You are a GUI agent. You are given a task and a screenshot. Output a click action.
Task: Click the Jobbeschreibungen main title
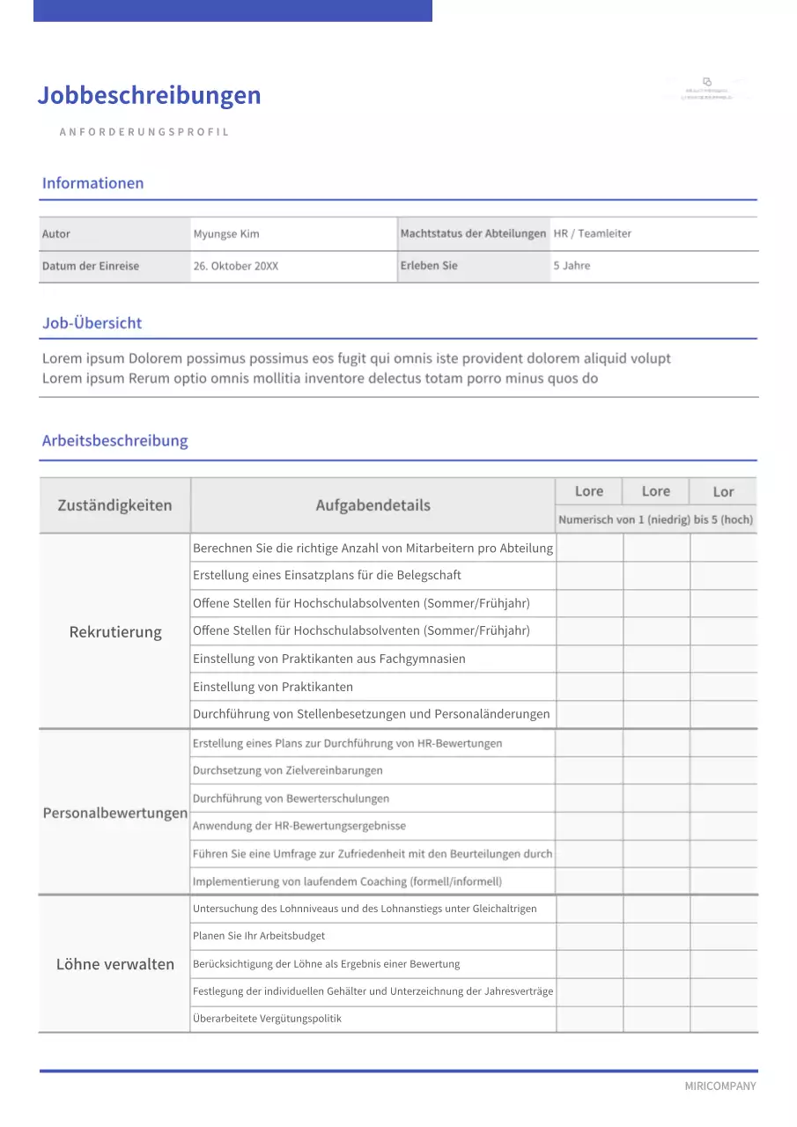coord(149,95)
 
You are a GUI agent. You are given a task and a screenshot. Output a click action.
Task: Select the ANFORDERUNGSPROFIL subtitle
coord(144,132)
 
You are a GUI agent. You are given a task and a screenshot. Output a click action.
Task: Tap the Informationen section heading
coord(92,183)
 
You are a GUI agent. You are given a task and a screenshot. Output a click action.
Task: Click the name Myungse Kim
coord(226,234)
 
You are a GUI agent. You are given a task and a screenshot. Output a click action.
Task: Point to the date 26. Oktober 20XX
coord(235,266)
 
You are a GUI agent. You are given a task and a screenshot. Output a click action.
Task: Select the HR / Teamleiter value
coord(592,233)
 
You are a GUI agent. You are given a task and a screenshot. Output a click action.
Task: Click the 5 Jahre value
coord(572,265)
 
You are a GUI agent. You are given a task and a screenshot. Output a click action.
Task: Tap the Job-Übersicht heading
coord(92,323)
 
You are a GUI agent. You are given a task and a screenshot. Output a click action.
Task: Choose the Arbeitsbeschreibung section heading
coord(114,440)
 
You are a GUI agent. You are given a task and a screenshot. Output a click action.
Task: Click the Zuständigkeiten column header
coord(114,505)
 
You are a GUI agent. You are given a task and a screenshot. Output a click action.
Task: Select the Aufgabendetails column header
coord(373,505)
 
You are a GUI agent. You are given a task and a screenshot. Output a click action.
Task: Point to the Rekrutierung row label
coord(115,632)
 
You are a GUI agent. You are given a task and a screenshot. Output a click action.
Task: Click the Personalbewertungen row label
coord(115,813)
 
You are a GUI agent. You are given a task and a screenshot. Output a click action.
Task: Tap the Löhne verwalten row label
coord(115,964)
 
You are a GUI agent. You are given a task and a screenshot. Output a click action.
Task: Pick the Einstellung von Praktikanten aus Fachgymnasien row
coord(328,659)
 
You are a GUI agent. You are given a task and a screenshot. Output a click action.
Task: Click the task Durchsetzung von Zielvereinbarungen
coord(287,770)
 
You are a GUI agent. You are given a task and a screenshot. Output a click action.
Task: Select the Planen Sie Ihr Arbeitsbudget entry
coord(259,936)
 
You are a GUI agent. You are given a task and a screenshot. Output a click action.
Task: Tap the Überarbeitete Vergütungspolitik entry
coord(267,1019)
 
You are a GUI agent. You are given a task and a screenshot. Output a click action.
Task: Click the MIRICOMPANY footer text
coord(720,1086)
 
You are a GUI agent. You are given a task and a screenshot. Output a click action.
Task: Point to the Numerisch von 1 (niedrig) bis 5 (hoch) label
coord(655,519)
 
